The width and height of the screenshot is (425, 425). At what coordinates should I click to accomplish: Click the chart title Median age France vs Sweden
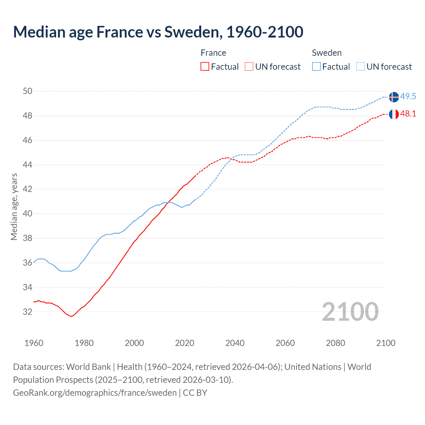(x=158, y=32)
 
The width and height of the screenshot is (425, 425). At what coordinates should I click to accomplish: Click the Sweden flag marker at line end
(x=394, y=97)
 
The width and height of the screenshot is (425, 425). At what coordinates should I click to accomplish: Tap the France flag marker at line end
(x=394, y=114)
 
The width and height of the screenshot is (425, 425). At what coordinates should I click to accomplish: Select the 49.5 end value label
(x=408, y=97)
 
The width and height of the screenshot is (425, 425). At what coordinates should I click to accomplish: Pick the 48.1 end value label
(x=408, y=114)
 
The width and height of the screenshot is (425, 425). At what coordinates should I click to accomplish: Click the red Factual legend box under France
(x=205, y=66)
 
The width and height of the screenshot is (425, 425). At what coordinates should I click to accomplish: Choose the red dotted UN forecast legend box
(x=249, y=66)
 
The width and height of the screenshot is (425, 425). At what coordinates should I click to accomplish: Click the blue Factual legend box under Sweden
(x=316, y=66)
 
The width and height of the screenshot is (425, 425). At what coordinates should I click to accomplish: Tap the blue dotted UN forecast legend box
(x=361, y=66)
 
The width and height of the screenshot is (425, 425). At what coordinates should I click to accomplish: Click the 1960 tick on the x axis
(x=34, y=343)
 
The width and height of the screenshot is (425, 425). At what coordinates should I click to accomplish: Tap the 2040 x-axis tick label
(x=235, y=343)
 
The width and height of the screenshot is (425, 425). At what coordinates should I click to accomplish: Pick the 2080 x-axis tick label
(x=335, y=343)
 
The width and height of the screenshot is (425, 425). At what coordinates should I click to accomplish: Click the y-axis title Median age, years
(x=14, y=207)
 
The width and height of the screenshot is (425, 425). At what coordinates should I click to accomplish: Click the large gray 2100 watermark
(x=350, y=311)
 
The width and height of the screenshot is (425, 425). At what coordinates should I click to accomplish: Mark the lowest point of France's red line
(x=71, y=316)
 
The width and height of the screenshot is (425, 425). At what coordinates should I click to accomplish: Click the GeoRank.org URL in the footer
(x=95, y=393)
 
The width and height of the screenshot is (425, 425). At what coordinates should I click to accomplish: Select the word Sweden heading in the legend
(x=327, y=53)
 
